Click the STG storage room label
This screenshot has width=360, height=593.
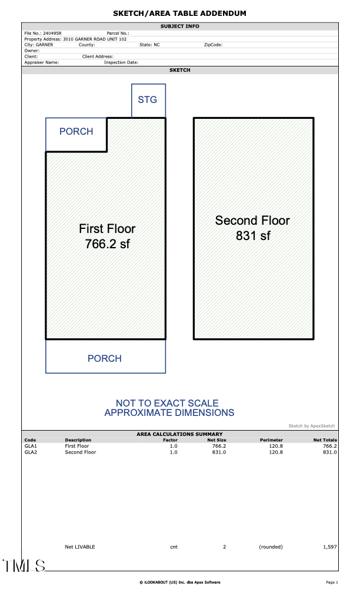click(x=147, y=99)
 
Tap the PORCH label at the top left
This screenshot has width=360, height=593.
click(x=76, y=131)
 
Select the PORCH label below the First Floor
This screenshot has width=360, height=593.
click(x=105, y=358)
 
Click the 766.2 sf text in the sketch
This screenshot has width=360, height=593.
click(x=107, y=244)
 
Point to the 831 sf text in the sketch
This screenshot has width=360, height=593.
click(x=252, y=236)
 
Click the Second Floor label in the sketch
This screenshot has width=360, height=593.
click(x=252, y=221)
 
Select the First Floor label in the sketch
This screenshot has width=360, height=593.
click(x=107, y=228)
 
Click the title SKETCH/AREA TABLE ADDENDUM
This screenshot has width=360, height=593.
click(x=179, y=13)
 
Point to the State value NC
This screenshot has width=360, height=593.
click(x=156, y=45)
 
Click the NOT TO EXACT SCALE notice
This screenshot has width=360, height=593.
click(x=169, y=403)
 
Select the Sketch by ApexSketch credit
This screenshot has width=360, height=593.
click(x=311, y=425)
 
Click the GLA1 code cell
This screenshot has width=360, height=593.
click(x=31, y=446)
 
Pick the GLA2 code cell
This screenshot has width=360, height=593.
click(x=31, y=452)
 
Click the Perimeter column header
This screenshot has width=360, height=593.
click(x=271, y=440)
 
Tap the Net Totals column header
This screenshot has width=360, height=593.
click(x=325, y=440)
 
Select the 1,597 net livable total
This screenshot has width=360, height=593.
click(x=329, y=547)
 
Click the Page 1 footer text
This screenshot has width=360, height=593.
click(x=332, y=582)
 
